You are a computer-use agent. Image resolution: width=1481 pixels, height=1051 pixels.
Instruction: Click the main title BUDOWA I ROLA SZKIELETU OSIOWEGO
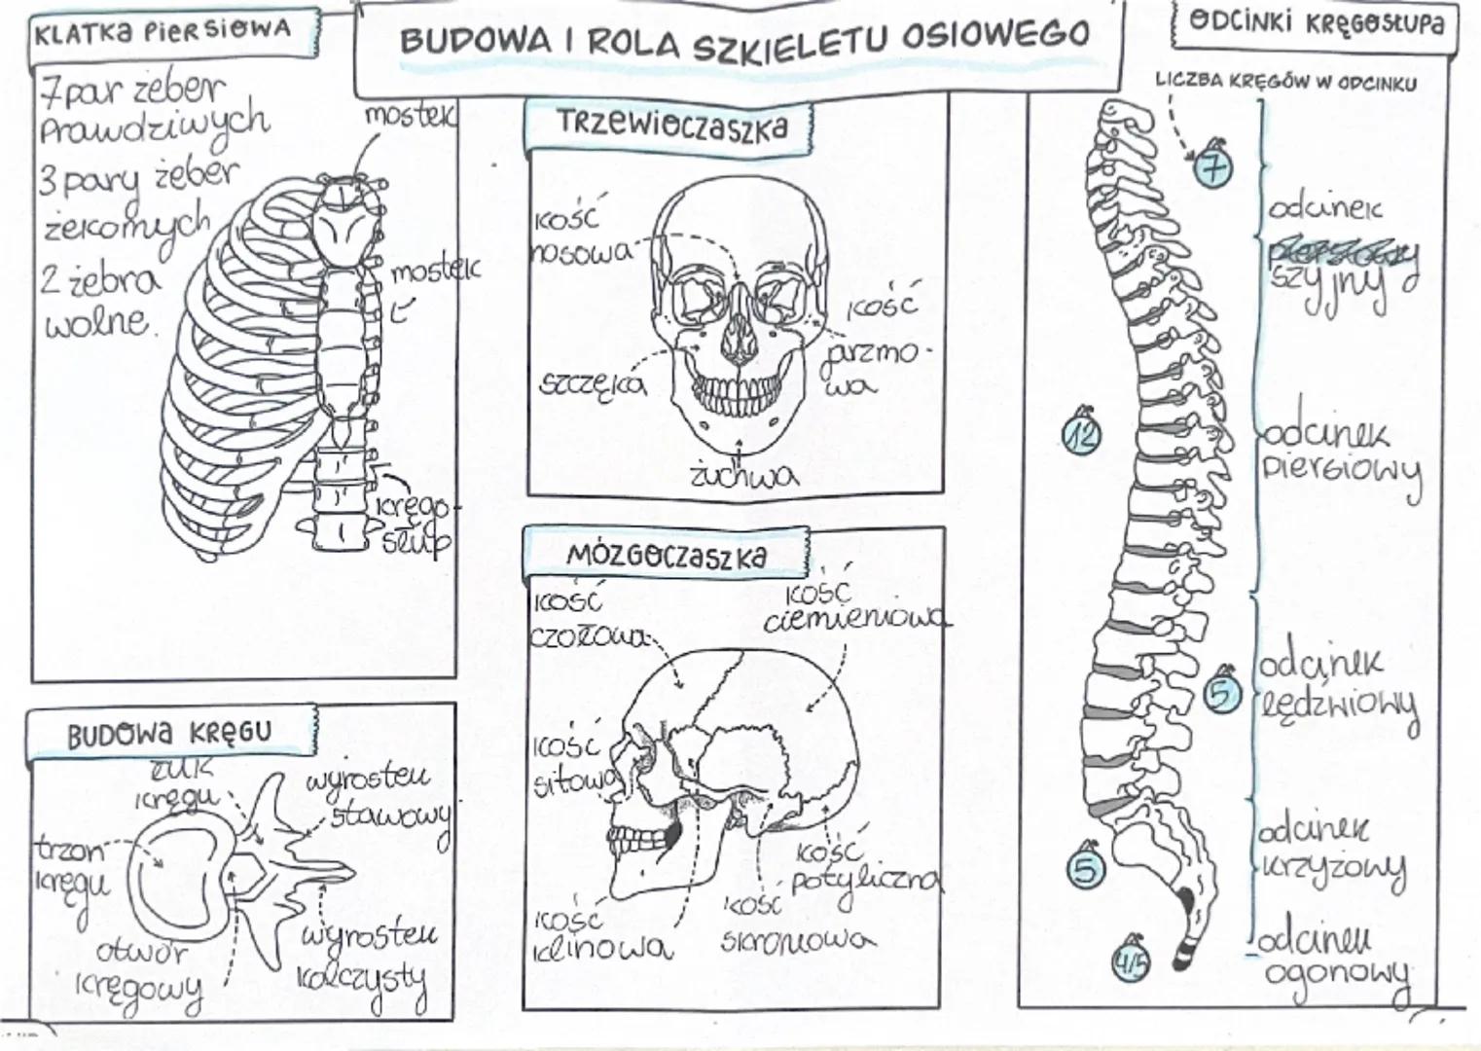[x=743, y=38]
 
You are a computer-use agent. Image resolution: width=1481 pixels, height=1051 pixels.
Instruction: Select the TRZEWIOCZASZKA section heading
[x=671, y=127]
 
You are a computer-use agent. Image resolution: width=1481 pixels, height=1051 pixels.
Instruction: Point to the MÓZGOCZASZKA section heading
[x=667, y=556]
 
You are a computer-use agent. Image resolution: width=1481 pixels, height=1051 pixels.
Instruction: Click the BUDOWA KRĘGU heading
[x=169, y=733]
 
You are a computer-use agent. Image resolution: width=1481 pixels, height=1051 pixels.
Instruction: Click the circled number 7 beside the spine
[x=1213, y=168]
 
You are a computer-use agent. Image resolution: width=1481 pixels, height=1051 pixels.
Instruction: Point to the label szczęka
[x=593, y=383]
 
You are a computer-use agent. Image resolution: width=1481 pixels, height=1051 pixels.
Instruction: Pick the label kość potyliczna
[x=861, y=868]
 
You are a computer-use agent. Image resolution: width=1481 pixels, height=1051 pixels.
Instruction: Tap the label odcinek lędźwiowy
[x=1338, y=686]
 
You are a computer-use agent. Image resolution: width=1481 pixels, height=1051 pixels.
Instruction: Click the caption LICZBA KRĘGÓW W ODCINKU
[x=1285, y=83]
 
